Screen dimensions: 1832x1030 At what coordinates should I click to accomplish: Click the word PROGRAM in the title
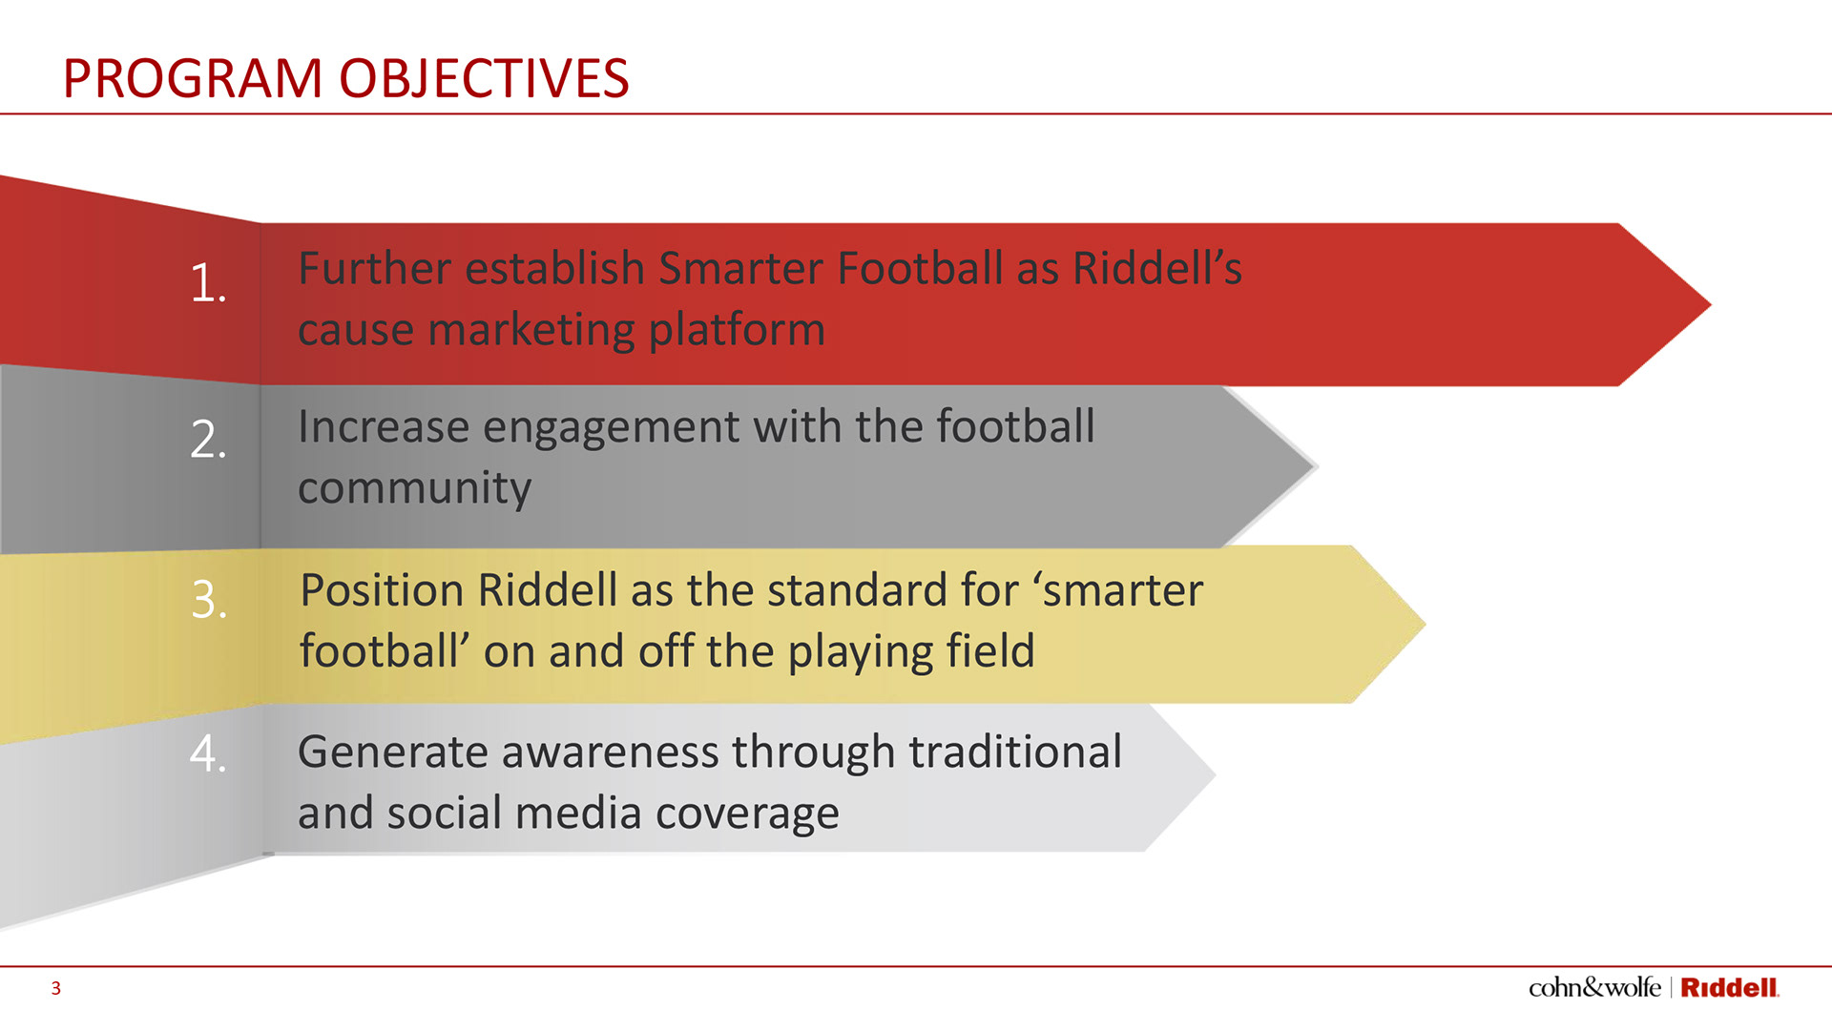(x=193, y=78)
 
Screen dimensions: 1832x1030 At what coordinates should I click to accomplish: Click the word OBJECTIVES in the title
(x=485, y=78)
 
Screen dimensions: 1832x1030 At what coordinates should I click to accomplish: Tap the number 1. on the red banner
(x=208, y=283)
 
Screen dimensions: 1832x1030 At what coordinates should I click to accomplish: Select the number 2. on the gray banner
(x=208, y=440)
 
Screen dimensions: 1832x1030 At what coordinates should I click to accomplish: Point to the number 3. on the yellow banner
(x=209, y=600)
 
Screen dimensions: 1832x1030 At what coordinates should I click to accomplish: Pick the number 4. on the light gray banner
(x=208, y=752)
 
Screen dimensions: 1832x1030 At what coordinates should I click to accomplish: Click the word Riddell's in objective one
(x=1157, y=268)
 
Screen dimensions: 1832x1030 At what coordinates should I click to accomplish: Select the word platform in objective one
(x=737, y=331)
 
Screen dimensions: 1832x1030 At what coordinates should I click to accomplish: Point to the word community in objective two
(x=414, y=489)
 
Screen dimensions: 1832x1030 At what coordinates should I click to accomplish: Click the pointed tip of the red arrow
(x=1710, y=305)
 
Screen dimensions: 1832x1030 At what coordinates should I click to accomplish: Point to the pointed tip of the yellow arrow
(x=1425, y=625)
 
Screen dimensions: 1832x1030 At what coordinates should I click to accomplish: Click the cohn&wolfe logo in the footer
(x=1594, y=988)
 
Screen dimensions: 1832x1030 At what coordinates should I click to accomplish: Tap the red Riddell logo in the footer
(x=1729, y=988)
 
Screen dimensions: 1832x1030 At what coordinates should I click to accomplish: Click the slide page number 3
(x=56, y=989)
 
